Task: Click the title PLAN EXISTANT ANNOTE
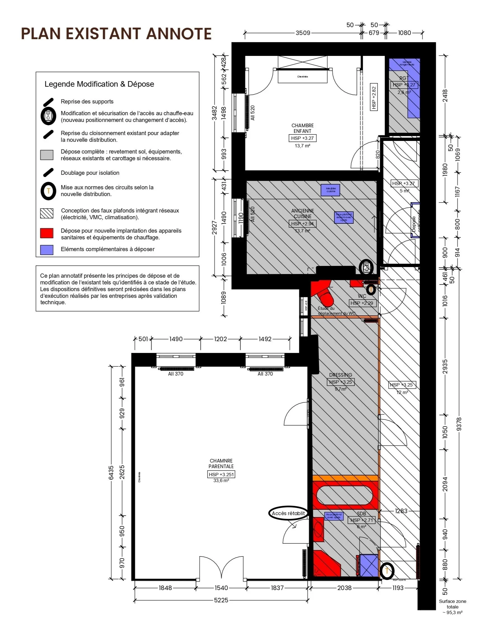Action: pos(116,34)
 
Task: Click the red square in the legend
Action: pos(47,233)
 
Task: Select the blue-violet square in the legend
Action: pos(47,250)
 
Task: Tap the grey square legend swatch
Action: pos(47,155)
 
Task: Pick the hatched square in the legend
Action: pos(47,214)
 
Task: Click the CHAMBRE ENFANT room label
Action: pos(302,128)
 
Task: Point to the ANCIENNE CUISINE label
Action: pos(302,213)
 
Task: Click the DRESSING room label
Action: pos(340,375)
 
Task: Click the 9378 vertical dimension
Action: pos(459,424)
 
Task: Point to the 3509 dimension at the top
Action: pos(303,33)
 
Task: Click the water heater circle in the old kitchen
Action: pos(366,267)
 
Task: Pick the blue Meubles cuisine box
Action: pos(331,190)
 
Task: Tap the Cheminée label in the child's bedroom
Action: pos(302,77)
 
